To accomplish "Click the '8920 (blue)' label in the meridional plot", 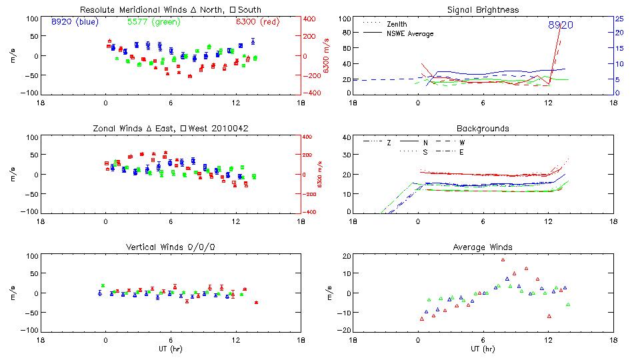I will pyautogui.click(x=75, y=22).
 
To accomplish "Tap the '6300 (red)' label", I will pyautogui.click(x=258, y=22).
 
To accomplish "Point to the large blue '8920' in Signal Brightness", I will pyautogui.click(x=561, y=25).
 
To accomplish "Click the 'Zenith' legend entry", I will pyautogui.click(x=397, y=24).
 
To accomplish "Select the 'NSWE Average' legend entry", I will pyautogui.click(x=410, y=33).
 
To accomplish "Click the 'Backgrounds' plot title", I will pyautogui.click(x=483, y=128).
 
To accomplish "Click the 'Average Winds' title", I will pyautogui.click(x=483, y=247).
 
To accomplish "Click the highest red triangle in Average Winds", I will pyautogui.click(x=503, y=260).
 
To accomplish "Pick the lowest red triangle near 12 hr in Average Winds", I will pyautogui.click(x=549, y=316).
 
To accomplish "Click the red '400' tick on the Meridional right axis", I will pyautogui.click(x=311, y=19).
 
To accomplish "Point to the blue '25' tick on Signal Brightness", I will pyautogui.click(x=619, y=19).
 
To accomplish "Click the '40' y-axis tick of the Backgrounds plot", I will pyautogui.click(x=346, y=138).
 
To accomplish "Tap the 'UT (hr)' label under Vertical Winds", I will pyautogui.click(x=171, y=348).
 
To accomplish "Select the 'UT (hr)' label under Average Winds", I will pyautogui.click(x=483, y=348).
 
